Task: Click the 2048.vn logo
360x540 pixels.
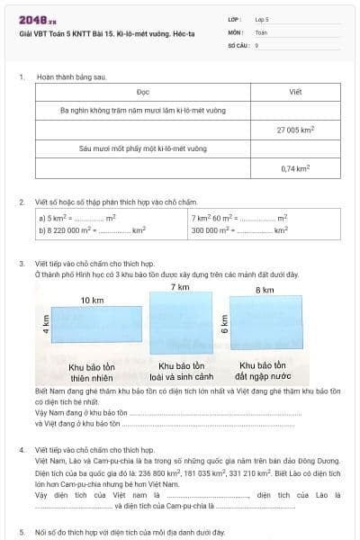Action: tap(35, 19)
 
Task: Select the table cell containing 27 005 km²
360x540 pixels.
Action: tap(295, 130)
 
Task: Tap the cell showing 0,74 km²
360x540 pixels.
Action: tap(295, 168)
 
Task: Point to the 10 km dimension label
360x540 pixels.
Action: tap(91, 300)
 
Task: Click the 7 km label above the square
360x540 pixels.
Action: tap(182, 286)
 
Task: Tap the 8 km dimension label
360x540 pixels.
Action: tap(265, 290)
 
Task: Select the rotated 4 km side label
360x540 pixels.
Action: tap(46, 325)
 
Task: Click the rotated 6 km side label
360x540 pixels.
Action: tap(225, 325)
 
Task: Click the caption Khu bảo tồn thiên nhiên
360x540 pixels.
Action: tap(93, 372)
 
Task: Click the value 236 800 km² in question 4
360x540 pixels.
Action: tap(166, 471)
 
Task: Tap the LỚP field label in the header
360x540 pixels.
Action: tap(236, 18)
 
